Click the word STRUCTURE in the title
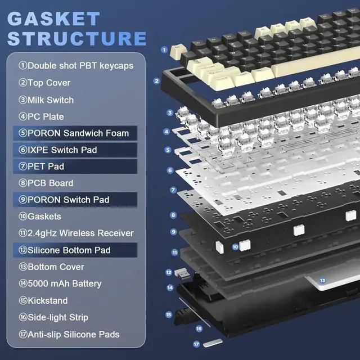(x=77, y=39)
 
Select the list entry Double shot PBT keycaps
(x=76, y=66)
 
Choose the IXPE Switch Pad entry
(x=66, y=150)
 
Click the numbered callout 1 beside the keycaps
(x=164, y=49)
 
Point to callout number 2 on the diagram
(x=157, y=80)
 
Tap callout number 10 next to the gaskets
(x=235, y=246)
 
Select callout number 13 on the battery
(x=322, y=280)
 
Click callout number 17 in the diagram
(x=196, y=343)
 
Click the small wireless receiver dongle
(x=183, y=274)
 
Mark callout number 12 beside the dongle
(x=169, y=272)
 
